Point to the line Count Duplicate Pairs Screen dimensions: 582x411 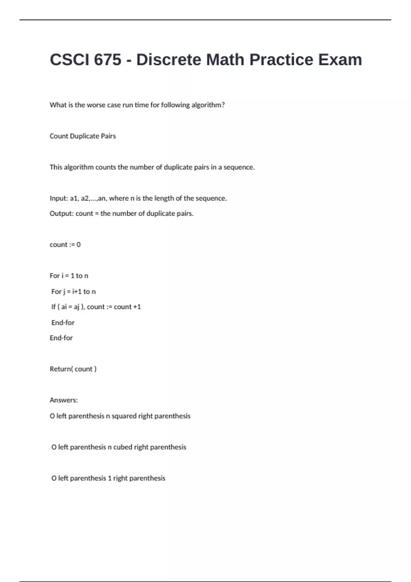point(83,136)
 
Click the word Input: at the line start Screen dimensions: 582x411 point(59,199)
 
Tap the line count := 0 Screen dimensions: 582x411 point(65,245)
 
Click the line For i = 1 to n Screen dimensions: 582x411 point(69,276)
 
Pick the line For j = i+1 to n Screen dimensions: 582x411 point(73,292)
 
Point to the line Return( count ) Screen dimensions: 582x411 point(73,369)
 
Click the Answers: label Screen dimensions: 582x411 point(64,400)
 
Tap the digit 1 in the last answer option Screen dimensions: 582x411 point(110,478)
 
